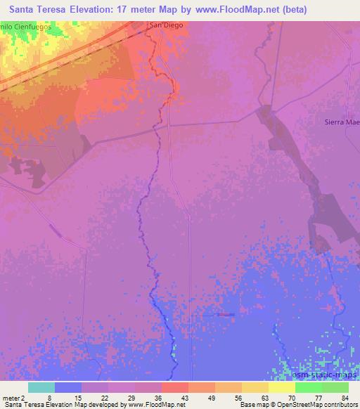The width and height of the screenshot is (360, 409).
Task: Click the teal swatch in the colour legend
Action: [x=41, y=387]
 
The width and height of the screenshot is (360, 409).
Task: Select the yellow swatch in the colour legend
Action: [x=281, y=387]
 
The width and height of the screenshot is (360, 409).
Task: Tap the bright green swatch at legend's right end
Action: [x=335, y=387]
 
